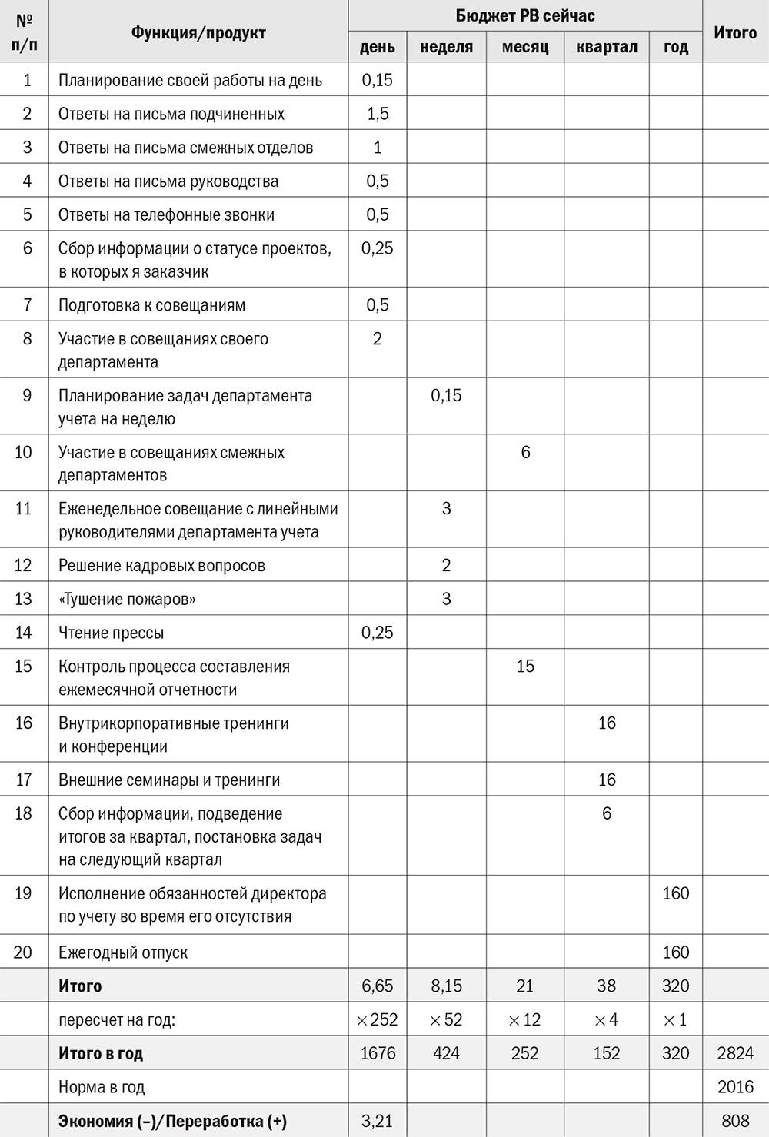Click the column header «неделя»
coord(446,47)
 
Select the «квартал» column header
coord(606,47)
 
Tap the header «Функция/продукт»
coord(198,32)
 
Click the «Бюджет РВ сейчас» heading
coord(524,15)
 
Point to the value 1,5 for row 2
coord(377,114)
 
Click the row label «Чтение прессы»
coord(111,633)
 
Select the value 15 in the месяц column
coord(525,666)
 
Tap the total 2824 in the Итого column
coord(734,1053)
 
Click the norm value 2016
coord(734,1087)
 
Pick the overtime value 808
coord(734,1121)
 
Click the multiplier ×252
coord(377,1019)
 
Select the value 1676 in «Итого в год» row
coord(377,1053)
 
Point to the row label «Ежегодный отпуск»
coord(123,952)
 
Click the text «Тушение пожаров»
coord(127,599)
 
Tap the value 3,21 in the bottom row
coord(377,1121)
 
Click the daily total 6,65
coord(377,986)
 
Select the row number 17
coord(24,780)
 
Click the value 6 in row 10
coord(525,452)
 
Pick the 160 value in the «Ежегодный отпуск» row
coord(675,952)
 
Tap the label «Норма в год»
coord(102,1087)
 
